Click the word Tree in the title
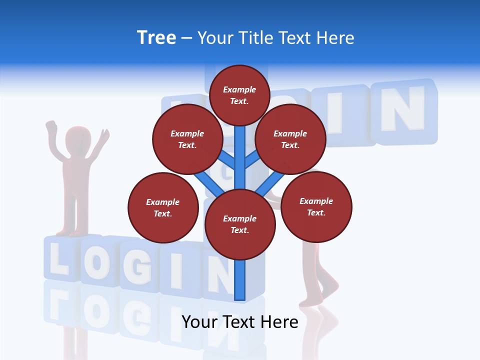pyautogui.click(x=156, y=38)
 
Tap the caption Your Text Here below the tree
pyautogui.click(x=240, y=322)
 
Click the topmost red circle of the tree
pyautogui.click(x=239, y=95)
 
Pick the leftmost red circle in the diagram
pyautogui.click(x=163, y=207)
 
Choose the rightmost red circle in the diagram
pyautogui.click(x=316, y=206)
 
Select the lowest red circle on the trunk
pyautogui.click(x=240, y=224)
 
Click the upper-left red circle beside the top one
pyautogui.click(x=187, y=139)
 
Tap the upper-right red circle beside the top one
pyautogui.click(x=290, y=139)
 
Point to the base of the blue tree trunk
pyautogui.click(x=240, y=295)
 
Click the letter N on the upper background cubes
pyautogui.click(x=402, y=109)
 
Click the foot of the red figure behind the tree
pyautogui.click(x=312, y=300)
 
